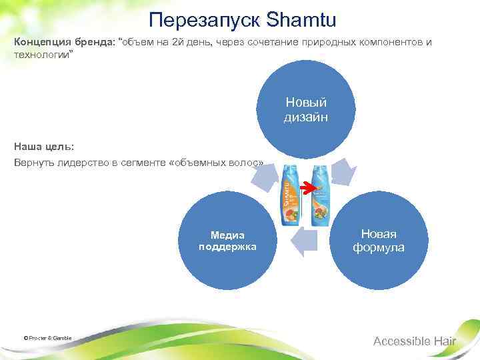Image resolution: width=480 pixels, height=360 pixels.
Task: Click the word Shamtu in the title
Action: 299,19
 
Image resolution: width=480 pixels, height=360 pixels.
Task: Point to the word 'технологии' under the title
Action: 40,55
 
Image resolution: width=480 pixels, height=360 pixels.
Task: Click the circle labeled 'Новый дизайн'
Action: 306,110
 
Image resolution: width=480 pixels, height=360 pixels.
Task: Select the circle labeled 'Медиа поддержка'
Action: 227,240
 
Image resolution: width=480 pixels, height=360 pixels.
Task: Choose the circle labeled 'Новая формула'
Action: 378,240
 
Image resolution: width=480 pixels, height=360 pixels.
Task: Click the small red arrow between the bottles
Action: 306,189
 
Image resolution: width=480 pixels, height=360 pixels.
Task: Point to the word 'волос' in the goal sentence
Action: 249,163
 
